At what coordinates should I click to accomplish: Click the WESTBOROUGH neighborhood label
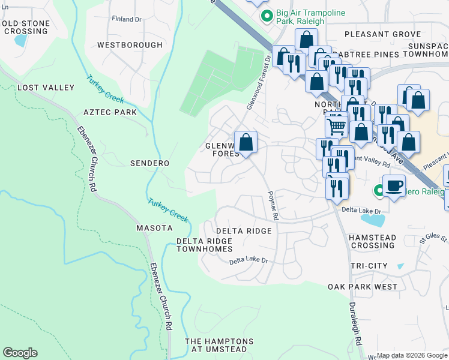coord(130,45)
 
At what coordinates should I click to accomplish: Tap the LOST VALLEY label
coord(46,88)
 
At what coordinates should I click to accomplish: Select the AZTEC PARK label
coord(110,112)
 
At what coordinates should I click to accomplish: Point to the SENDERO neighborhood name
coord(149,163)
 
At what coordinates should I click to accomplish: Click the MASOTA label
coord(154,228)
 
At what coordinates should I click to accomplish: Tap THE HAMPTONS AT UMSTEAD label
coord(219,346)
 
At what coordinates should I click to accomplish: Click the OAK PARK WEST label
coord(363,287)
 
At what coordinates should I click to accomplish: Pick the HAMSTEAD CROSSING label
coord(372,241)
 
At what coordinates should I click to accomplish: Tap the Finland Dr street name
coord(126,19)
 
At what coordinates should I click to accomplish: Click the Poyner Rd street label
coord(273,206)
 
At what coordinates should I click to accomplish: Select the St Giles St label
coord(434,238)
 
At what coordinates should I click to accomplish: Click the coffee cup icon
coord(394,185)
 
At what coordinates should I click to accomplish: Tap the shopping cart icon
coord(336,126)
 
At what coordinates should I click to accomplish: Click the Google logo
coord(20,353)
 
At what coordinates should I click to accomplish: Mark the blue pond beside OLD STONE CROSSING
coord(20,41)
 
